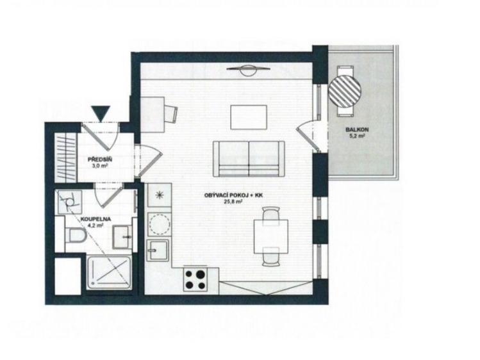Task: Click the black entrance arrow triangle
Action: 102,113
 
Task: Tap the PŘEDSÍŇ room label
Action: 97,160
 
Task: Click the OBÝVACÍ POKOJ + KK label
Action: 233,195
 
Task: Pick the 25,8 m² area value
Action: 233,201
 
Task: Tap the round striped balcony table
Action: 344,91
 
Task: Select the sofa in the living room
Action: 249,159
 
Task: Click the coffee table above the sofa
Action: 249,117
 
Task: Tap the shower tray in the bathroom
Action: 109,273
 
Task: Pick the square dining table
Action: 271,236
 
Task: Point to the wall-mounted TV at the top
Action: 249,70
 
